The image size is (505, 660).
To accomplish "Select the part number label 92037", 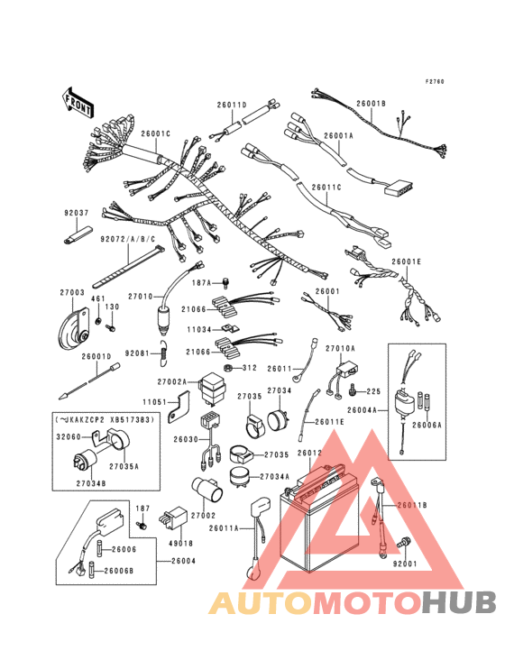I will (77, 213).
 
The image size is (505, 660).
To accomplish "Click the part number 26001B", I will (370, 104).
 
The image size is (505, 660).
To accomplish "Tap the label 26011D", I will (231, 105).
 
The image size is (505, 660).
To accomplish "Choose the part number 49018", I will (180, 544).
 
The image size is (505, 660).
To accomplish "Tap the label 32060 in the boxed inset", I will (71, 435).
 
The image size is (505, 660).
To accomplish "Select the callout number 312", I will (249, 368).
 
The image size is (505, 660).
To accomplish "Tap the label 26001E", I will (406, 261).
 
